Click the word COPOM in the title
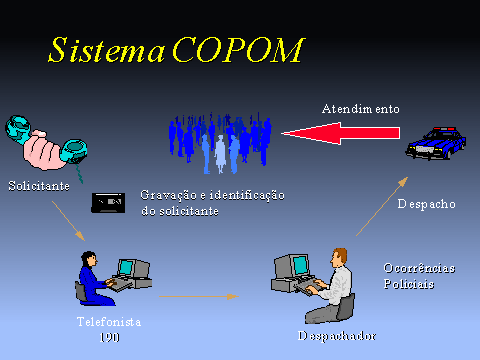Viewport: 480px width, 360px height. [239, 50]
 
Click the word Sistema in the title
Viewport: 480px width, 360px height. [106, 50]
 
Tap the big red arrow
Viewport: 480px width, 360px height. [341, 133]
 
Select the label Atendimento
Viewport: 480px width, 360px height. [361, 109]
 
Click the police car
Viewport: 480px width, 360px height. [436, 143]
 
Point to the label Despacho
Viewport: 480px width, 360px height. [426, 204]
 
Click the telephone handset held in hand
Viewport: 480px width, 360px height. [47, 143]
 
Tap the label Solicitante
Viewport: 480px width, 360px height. [39, 186]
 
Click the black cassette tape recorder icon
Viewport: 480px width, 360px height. [108, 203]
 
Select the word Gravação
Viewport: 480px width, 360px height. [168, 195]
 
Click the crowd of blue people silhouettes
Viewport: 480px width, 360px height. [220, 143]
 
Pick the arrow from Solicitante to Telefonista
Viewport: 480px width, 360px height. [69, 221]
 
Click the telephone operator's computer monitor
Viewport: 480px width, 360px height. [126, 267]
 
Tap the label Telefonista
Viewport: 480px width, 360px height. [109, 322]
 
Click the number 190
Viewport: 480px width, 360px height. [109, 337]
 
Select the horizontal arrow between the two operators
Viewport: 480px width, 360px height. [199, 296]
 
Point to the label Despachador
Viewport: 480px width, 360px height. [337, 336]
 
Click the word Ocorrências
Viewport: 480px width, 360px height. [419, 268]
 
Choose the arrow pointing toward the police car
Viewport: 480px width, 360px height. [382, 206]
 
